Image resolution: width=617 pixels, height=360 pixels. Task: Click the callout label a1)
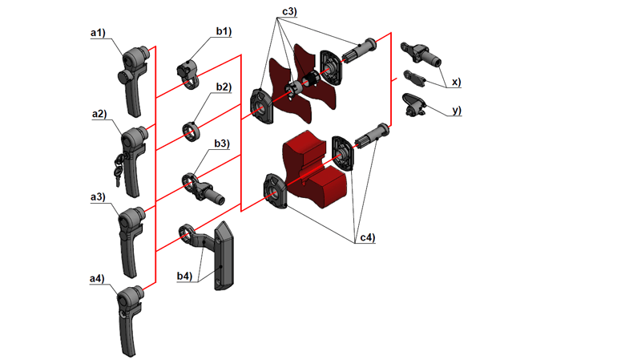tap(98, 32)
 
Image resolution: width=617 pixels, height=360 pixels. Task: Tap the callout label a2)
tap(99, 114)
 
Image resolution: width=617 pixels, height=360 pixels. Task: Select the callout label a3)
tap(98, 196)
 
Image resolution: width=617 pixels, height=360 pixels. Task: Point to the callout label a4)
tap(97, 278)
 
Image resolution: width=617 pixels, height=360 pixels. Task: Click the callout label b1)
tap(223, 31)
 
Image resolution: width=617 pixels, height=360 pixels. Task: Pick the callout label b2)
tap(223, 87)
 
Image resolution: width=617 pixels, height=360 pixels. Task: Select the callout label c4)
tap(367, 237)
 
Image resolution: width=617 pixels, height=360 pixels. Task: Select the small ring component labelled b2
tap(193, 130)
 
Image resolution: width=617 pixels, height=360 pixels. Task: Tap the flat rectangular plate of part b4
tap(224, 255)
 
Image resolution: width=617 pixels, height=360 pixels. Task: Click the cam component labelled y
tap(413, 106)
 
